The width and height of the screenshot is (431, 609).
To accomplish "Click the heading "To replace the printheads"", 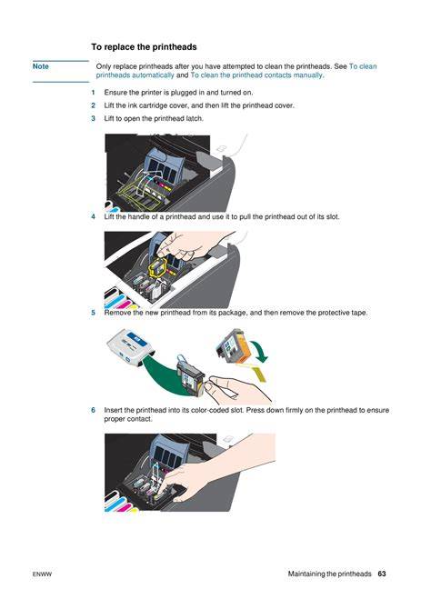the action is click(144, 47).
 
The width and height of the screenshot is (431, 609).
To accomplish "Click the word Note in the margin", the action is click(40, 66).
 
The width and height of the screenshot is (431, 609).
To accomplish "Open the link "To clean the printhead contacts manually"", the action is click(256, 75).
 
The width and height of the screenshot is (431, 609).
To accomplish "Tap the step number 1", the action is click(94, 93).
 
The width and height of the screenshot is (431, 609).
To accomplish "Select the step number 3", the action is click(94, 118).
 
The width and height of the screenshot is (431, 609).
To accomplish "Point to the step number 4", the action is click(94, 216).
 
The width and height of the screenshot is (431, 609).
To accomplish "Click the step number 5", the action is click(94, 313).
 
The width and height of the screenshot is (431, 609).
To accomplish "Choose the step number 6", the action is click(94, 410).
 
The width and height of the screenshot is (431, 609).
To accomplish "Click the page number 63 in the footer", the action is click(382, 574).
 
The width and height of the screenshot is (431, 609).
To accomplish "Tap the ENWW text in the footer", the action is click(42, 574).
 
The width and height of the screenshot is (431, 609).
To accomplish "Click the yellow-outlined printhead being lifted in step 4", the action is click(156, 267).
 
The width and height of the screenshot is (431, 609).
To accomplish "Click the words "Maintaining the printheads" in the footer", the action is click(329, 574).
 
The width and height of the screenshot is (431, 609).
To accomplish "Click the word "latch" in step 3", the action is click(194, 118).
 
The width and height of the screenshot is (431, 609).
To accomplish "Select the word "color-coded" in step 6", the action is click(213, 410).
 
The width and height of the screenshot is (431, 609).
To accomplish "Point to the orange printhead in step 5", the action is click(232, 347).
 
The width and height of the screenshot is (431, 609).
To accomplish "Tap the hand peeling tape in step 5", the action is click(237, 388).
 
